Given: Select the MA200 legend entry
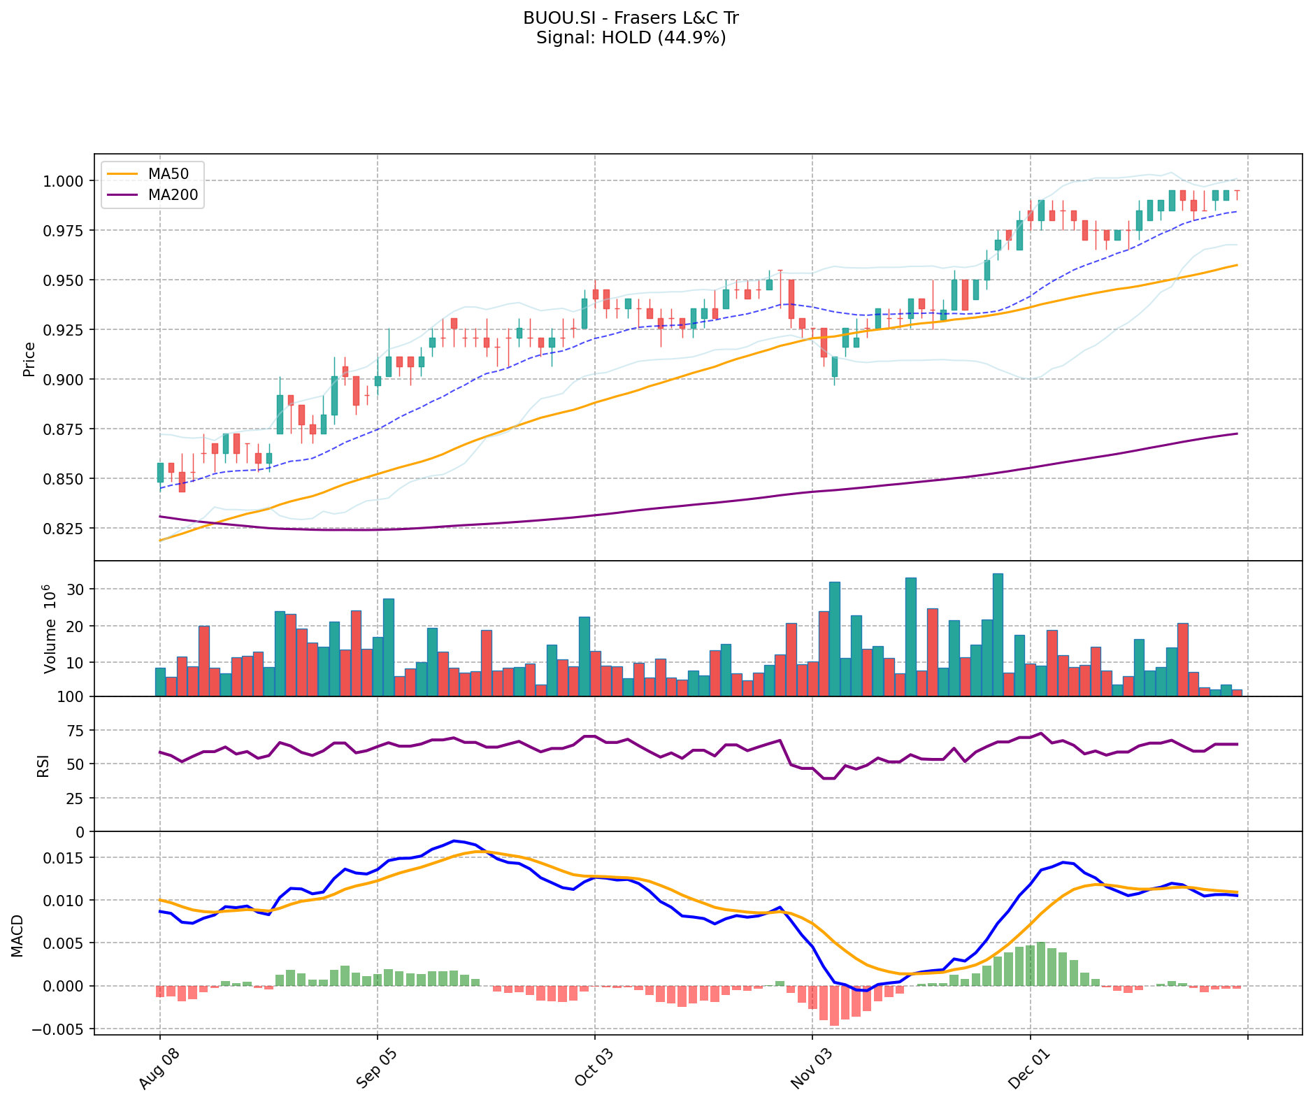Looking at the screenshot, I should tap(173, 195).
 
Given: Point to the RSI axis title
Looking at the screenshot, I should tap(43, 765).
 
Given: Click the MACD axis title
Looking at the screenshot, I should tap(17, 936).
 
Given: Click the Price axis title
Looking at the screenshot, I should tap(29, 359).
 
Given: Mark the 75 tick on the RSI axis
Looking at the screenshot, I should tap(76, 731).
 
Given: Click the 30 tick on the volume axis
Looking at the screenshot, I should tap(76, 589).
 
